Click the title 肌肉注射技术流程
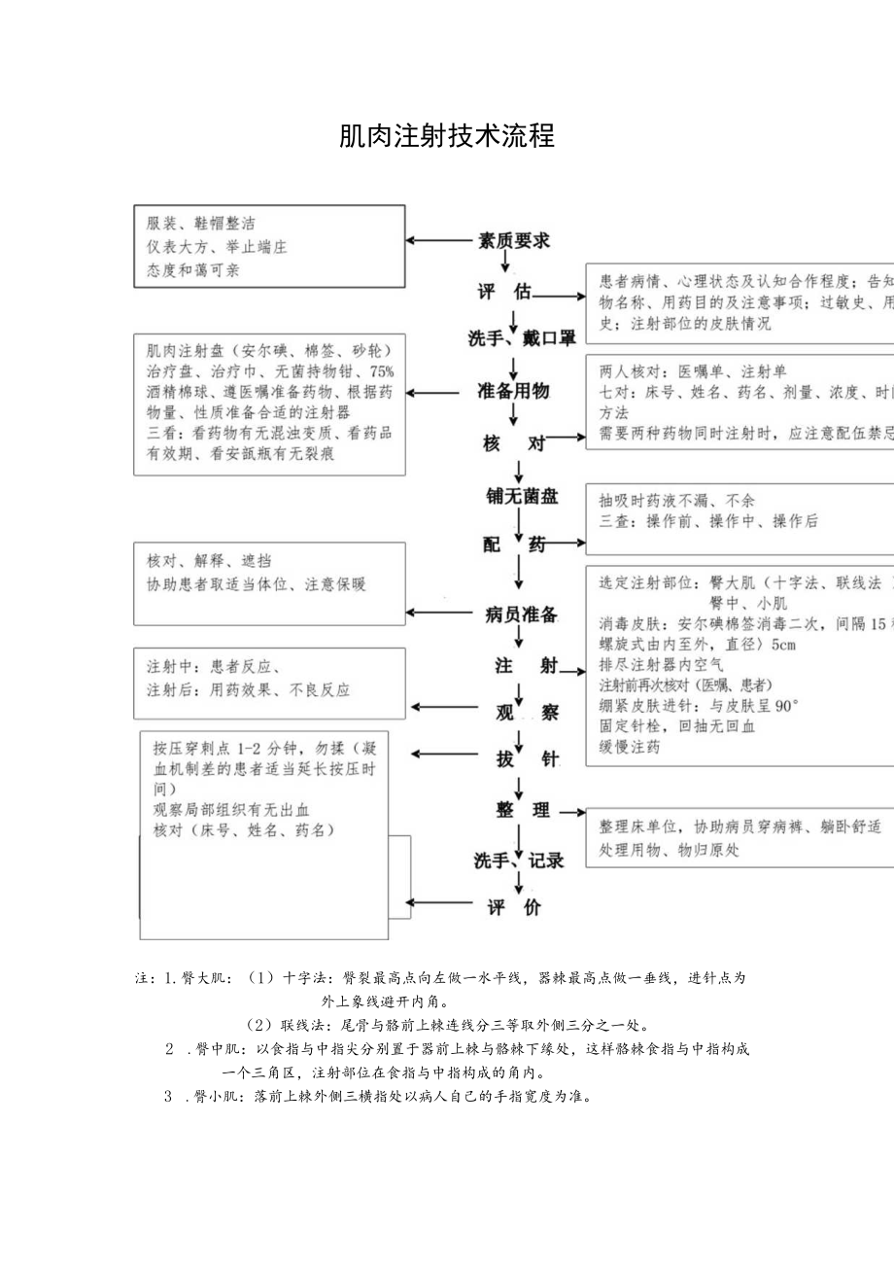click(x=446, y=137)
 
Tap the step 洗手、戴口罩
click(x=522, y=338)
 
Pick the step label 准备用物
click(x=514, y=391)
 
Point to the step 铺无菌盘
click(x=522, y=496)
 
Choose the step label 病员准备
click(x=521, y=614)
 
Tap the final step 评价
click(x=514, y=908)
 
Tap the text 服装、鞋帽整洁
click(x=201, y=224)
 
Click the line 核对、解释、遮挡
click(x=209, y=561)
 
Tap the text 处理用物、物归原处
click(x=670, y=850)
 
